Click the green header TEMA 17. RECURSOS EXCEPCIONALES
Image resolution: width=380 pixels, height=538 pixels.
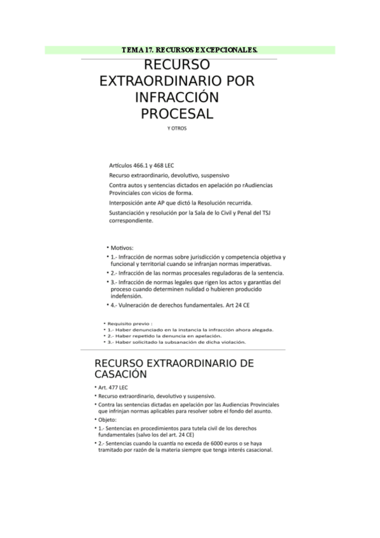click(x=190, y=49)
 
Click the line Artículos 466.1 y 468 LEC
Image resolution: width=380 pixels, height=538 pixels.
click(x=142, y=164)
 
